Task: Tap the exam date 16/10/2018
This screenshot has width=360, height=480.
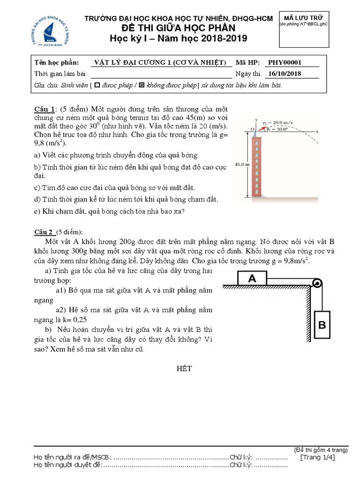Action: click(x=283, y=74)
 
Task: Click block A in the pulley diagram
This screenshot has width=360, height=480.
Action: click(x=252, y=278)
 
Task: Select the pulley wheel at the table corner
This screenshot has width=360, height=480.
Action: click(x=317, y=284)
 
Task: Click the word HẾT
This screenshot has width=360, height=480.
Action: click(x=180, y=368)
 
